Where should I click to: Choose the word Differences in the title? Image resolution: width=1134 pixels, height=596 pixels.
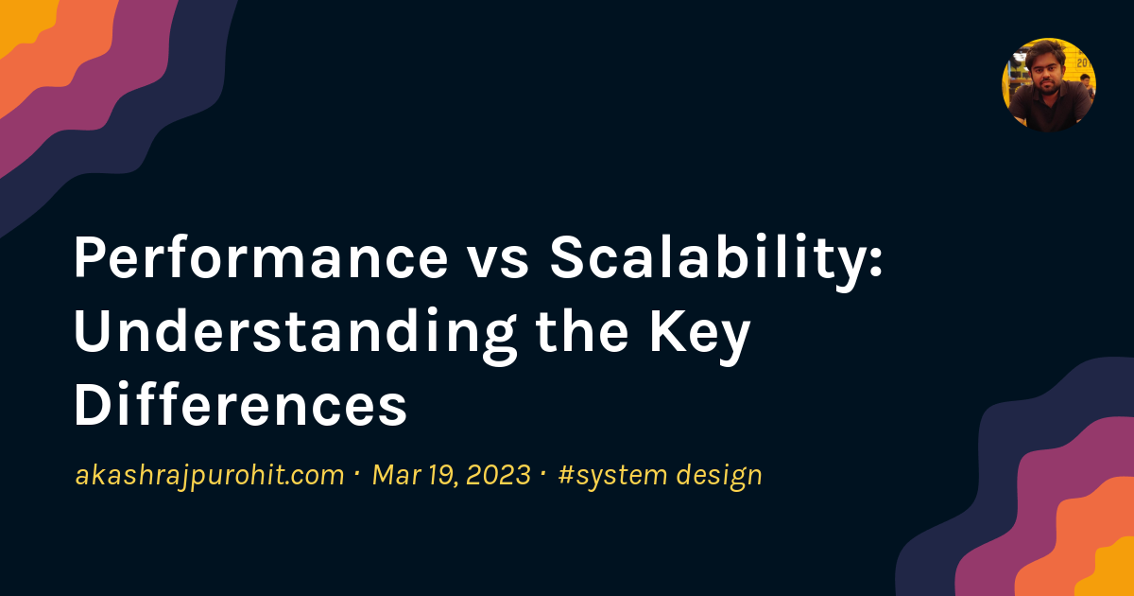tap(240, 407)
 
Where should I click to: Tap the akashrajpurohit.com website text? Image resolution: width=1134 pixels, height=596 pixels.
tap(209, 475)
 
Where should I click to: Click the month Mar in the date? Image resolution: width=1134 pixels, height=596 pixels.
tap(395, 475)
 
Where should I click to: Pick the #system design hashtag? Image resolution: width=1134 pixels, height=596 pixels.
tap(660, 475)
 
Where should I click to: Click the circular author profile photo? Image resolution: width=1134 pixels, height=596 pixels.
tap(1048, 84)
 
